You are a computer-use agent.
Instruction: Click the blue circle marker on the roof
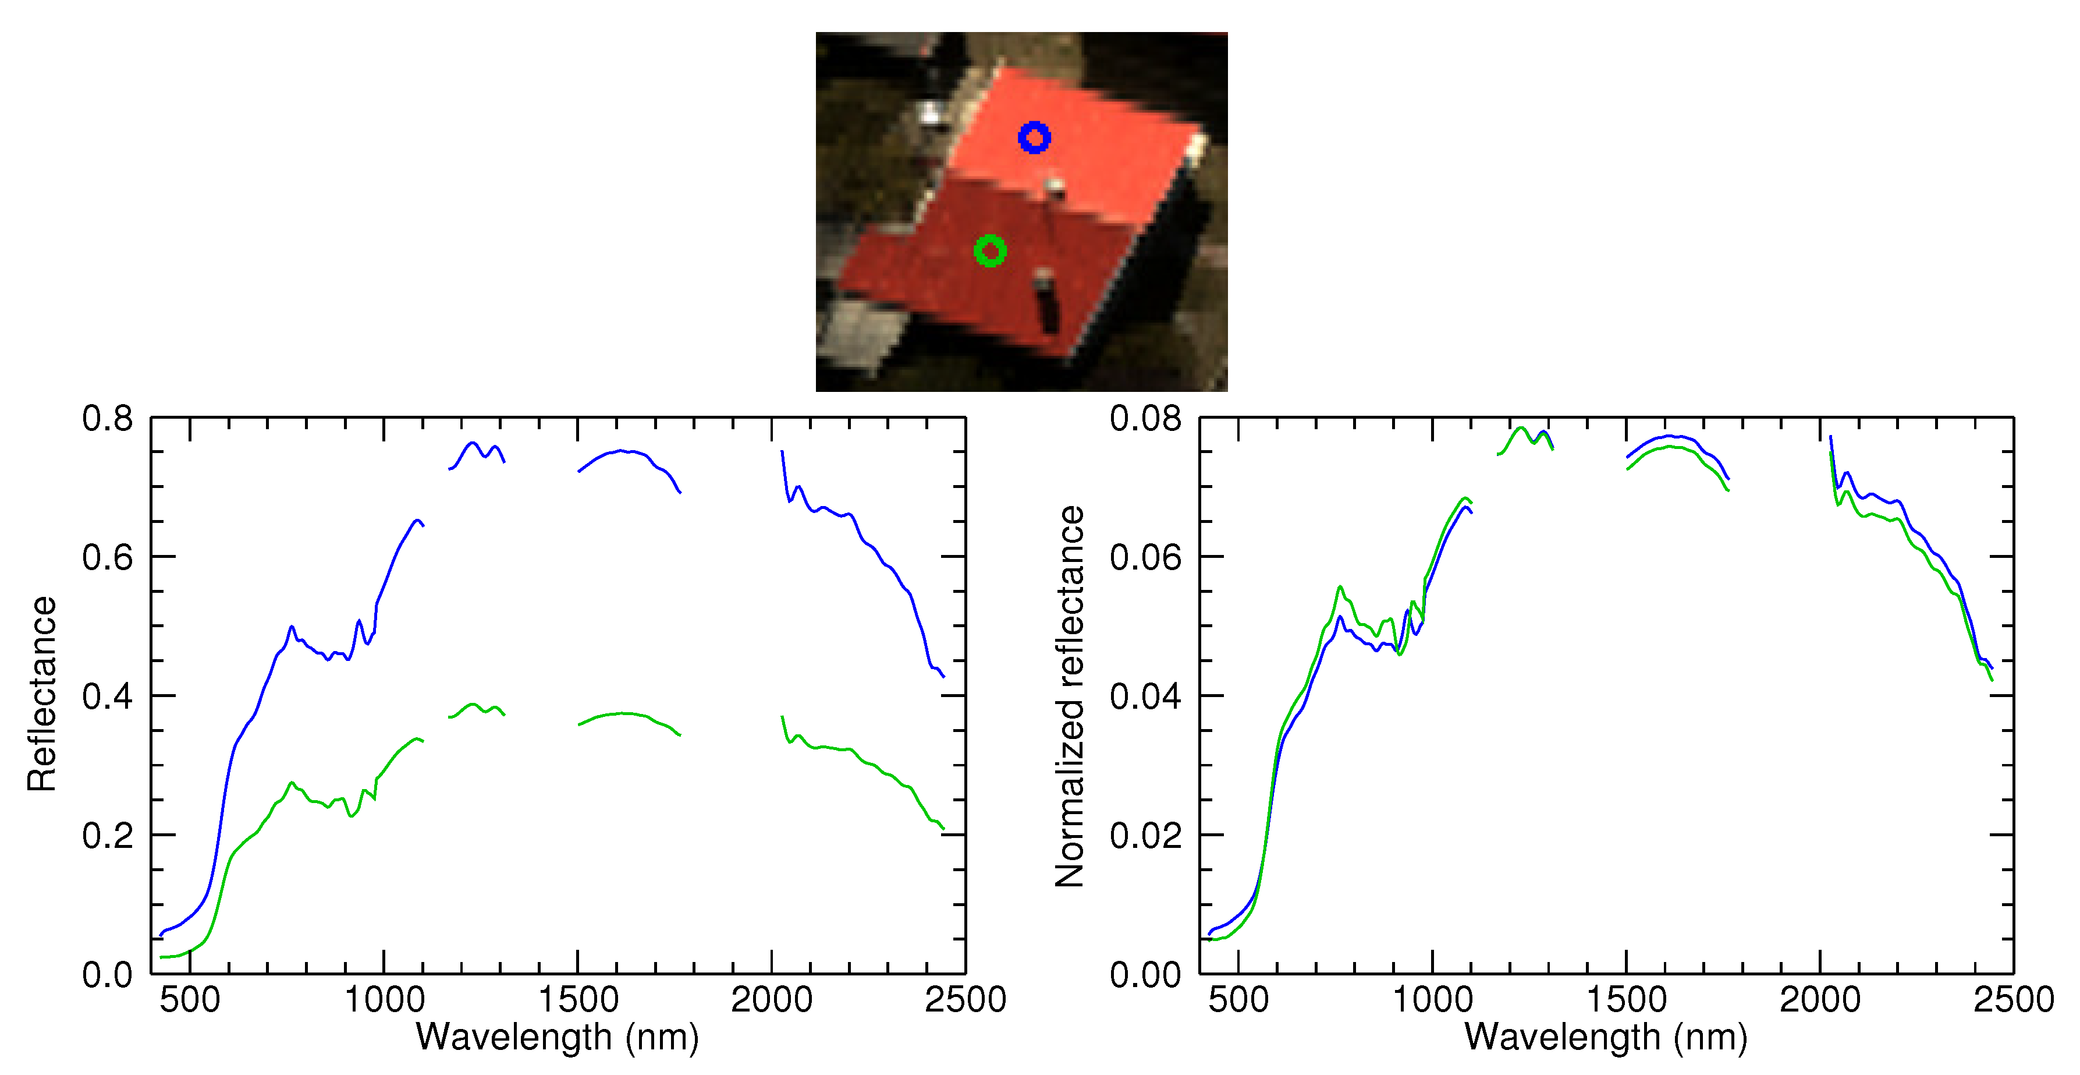click(x=1034, y=138)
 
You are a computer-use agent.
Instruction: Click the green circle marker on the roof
click(x=990, y=251)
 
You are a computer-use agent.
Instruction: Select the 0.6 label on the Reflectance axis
click(x=108, y=557)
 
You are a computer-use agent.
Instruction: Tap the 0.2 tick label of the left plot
click(x=108, y=836)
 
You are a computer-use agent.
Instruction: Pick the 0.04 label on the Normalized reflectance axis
click(x=1145, y=696)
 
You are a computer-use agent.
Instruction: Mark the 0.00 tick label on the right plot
click(x=1145, y=975)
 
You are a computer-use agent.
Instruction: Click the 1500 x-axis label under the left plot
click(x=578, y=1000)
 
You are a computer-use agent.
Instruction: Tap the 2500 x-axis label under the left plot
click(x=965, y=1000)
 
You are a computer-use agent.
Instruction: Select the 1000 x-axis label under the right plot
click(x=1432, y=1000)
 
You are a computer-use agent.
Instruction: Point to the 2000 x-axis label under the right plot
click(x=1820, y=1000)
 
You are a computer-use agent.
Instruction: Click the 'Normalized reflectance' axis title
click(x=1070, y=696)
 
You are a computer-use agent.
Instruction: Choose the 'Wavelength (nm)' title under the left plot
click(x=557, y=1038)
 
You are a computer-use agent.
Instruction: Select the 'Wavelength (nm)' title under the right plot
click(x=1606, y=1038)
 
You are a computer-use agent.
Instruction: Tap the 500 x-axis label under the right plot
click(x=1238, y=1000)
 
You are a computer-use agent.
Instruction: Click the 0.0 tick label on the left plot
click(x=108, y=975)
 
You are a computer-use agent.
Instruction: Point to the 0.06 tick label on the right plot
click(x=1145, y=557)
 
